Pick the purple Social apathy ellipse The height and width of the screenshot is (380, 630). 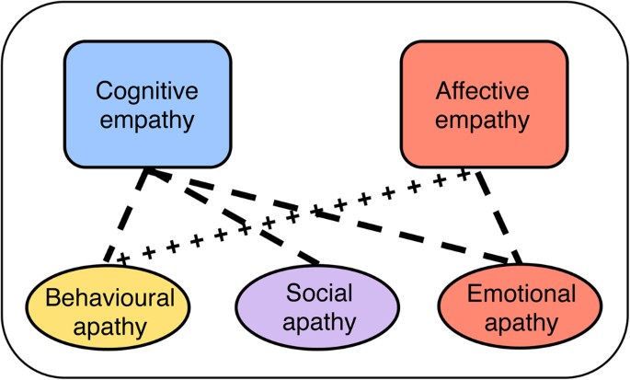tap(320, 307)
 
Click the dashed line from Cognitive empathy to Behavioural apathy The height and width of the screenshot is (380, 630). tap(126, 217)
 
